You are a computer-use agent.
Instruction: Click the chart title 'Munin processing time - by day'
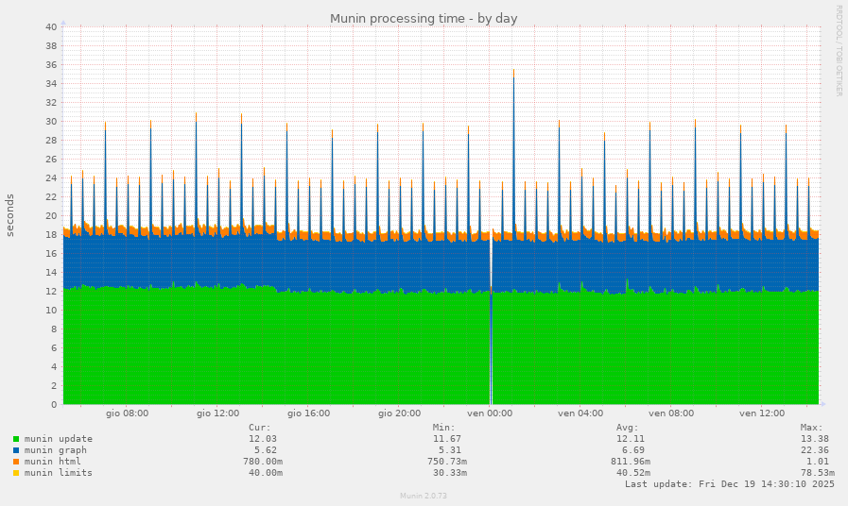tap(424, 19)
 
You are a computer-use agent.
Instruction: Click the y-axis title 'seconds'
tap(10, 215)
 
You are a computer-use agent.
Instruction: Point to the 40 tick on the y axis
tap(51, 27)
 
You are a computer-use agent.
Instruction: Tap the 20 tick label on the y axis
tap(51, 216)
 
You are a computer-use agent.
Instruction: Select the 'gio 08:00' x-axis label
tap(127, 413)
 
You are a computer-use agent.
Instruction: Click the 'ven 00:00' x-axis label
tap(490, 413)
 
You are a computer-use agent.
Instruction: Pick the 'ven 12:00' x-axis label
tap(762, 413)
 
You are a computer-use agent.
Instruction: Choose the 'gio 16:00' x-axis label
tap(308, 413)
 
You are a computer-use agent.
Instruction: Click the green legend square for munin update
tap(16, 439)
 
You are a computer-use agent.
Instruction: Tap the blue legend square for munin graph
tap(16, 450)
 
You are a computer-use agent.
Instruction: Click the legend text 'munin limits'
tap(59, 473)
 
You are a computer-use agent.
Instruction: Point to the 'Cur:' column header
tap(260, 428)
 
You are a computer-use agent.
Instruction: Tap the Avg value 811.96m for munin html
tap(629, 462)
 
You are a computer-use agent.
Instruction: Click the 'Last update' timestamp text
tap(729, 484)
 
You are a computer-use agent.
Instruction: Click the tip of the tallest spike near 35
tap(513, 70)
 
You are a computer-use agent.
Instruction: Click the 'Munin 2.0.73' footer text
tap(424, 496)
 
